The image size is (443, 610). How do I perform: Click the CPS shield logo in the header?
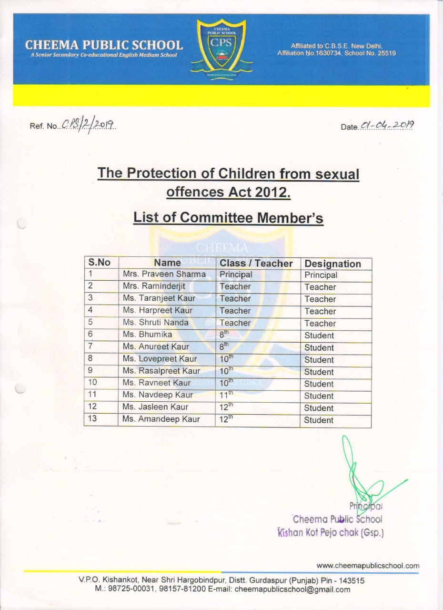click(x=221, y=48)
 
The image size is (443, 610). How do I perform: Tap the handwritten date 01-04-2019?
click(x=387, y=126)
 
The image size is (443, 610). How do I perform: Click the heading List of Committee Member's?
click(x=228, y=218)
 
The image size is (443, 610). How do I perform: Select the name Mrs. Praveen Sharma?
click(x=164, y=274)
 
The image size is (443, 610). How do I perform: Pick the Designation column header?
click(x=332, y=264)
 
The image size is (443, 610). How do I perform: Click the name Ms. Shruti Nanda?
click(x=156, y=323)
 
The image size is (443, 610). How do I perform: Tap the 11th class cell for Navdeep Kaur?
click(x=227, y=395)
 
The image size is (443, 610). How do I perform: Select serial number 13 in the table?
click(x=93, y=419)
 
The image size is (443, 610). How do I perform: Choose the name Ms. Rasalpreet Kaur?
click(x=161, y=371)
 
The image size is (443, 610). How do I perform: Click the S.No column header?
click(x=99, y=263)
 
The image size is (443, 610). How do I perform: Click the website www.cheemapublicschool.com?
click(x=368, y=566)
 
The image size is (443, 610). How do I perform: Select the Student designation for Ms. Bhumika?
click(x=319, y=335)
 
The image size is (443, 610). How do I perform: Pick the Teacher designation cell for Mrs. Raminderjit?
click(x=320, y=287)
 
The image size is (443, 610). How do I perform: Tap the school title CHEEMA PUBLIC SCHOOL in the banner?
click(x=104, y=45)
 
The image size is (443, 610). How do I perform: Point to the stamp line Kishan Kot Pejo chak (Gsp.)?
click(x=331, y=532)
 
